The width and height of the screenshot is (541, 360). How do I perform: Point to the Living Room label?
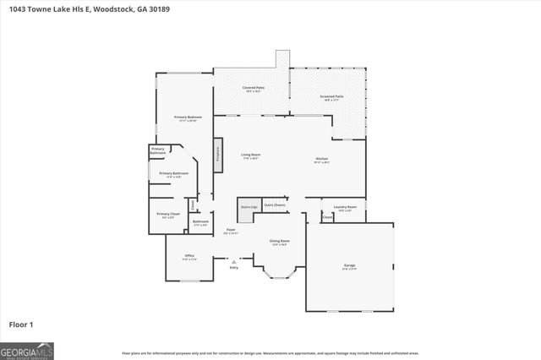pos(250,155)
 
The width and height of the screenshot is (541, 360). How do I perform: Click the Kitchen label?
pos(322,159)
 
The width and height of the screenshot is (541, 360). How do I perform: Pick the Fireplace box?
pos(218,155)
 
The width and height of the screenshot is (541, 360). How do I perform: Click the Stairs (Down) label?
pos(274,205)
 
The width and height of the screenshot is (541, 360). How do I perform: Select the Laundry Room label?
pos(345,207)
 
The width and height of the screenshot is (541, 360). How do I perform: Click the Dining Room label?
pos(279,243)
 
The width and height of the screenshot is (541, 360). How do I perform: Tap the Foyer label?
pos(231,230)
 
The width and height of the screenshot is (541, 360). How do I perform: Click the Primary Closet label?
pos(168,215)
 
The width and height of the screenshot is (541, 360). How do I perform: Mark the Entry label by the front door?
pos(233,268)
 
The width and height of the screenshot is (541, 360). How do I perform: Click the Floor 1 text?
pos(20,324)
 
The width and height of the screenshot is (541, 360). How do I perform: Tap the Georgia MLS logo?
pos(26,351)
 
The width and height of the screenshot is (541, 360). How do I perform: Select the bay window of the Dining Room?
pos(279,275)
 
